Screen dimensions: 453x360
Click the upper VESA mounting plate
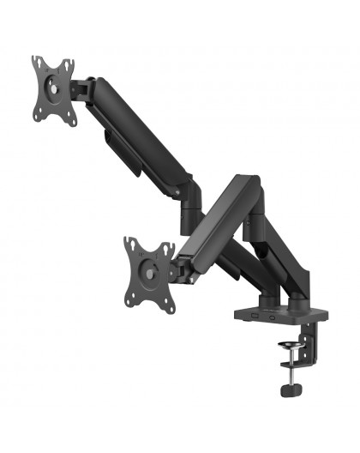(54, 91)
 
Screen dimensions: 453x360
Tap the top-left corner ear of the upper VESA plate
(36, 62)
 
